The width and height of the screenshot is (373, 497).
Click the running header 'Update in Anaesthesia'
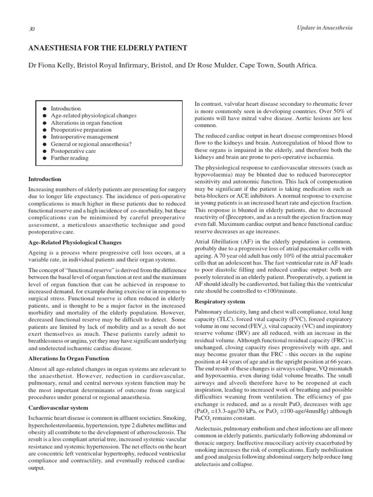pyautogui.click(x=324, y=28)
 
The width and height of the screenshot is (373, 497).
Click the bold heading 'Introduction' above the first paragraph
pyautogui.click(x=45, y=179)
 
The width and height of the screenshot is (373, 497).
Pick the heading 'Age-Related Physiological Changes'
pyautogui.click(x=75, y=242)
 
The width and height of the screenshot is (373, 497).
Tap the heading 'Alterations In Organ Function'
pyautogui.click(x=68, y=358)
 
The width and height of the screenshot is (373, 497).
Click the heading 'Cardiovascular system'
pyautogui.click(x=58, y=408)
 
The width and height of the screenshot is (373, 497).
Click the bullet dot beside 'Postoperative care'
pyautogui.click(x=44, y=151)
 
